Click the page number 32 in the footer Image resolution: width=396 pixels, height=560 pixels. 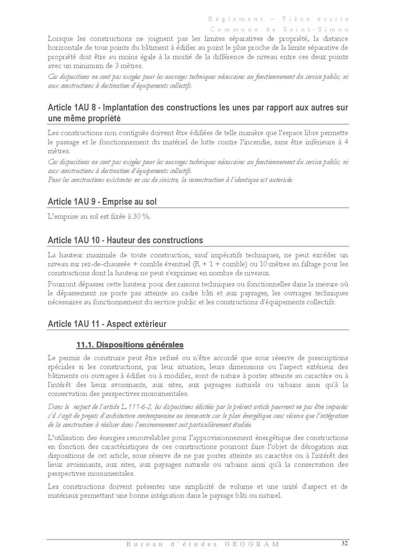point(345,543)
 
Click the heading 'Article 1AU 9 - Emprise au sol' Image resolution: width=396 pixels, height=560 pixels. point(102,202)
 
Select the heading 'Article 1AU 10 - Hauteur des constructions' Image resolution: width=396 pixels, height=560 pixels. point(125,240)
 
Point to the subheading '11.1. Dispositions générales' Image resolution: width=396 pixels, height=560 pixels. point(130,345)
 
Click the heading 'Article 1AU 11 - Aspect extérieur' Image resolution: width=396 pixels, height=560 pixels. point(107,324)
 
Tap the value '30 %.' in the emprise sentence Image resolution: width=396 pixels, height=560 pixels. point(141,217)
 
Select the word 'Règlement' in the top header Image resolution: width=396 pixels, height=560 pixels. point(236,19)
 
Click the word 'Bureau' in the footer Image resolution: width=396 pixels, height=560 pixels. point(139,544)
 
